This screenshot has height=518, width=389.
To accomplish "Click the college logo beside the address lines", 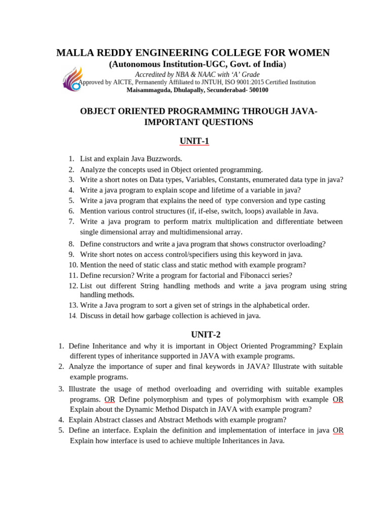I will click(71, 80).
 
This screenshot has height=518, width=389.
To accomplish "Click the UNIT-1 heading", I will click(195, 141).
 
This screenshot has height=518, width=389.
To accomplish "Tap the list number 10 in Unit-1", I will click(72, 265).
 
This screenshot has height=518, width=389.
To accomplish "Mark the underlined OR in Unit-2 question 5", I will click(338, 430).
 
